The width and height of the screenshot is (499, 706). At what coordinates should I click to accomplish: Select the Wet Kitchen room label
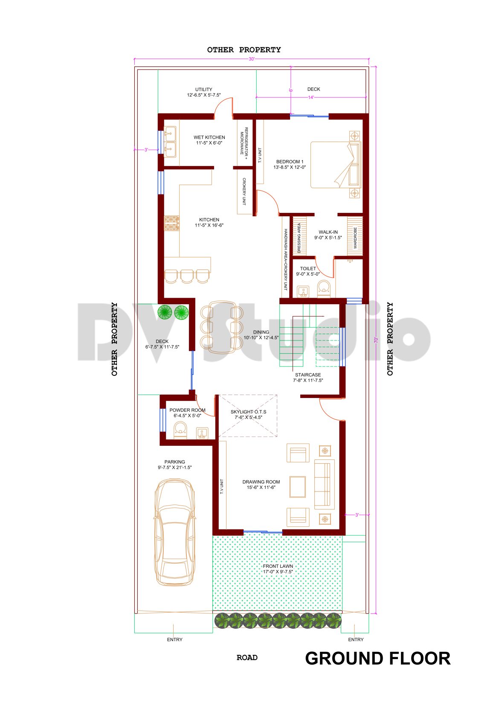click(x=209, y=140)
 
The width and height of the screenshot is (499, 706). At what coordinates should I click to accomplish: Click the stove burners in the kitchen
click(x=172, y=223)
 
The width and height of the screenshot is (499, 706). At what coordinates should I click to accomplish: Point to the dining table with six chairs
click(x=221, y=327)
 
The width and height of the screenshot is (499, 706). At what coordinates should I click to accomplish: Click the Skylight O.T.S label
click(x=248, y=414)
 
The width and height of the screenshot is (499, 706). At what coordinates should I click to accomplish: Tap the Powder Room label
click(x=187, y=413)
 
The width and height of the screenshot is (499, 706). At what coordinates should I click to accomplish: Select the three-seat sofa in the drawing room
click(x=324, y=484)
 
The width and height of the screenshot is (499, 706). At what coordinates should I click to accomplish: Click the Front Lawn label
click(x=278, y=569)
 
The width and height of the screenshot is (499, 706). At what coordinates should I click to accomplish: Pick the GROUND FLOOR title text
click(x=377, y=658)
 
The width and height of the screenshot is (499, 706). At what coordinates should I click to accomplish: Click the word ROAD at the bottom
click(x=247, y=657)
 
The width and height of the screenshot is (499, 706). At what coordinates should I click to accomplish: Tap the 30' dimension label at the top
click(x=252, y=59)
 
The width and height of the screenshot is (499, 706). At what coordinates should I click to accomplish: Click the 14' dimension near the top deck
click(x=311, y=97)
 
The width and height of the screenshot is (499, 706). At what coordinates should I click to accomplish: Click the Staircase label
click(x=308, y=377)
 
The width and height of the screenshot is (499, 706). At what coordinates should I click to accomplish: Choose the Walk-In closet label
click(x=328, y=235)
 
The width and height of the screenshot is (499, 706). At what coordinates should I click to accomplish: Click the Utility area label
click(x=203, y=92)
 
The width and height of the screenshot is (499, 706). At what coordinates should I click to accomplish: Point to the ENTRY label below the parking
click(x=174, y=639)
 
